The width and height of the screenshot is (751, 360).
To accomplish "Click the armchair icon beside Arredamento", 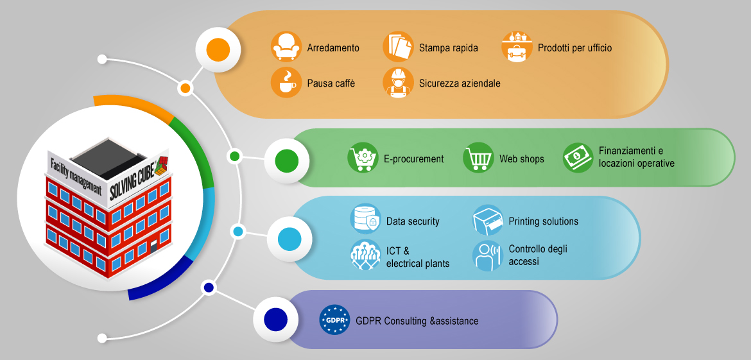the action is click(286, 47).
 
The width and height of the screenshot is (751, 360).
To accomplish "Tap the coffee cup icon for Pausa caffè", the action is click(286, 82).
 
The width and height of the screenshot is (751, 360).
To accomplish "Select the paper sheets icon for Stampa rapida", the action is click(398, 47).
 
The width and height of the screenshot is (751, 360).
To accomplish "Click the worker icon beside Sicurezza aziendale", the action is click(398, 82).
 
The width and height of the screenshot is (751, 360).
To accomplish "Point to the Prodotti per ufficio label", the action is click(574, 48).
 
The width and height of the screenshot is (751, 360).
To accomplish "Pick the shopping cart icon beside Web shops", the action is click(478, 157).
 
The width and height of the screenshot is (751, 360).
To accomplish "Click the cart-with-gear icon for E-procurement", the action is click(363, 157).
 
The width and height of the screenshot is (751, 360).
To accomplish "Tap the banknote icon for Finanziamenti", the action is click(578, 157).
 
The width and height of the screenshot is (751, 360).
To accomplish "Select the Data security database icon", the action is click(365, 219).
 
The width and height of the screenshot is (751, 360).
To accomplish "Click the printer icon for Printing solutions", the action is click(488, 219).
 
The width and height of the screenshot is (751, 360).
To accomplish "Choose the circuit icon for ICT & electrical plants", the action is click(365, 255).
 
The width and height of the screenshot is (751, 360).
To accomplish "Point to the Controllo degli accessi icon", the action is click(488, 255).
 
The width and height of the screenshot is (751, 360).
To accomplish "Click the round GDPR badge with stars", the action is click(334, 320).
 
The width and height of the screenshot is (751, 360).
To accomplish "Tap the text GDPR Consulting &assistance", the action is click(417, 321).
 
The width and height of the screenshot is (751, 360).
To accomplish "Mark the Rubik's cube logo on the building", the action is click(162, 166).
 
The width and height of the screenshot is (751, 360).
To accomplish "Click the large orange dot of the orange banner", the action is click(218, 49).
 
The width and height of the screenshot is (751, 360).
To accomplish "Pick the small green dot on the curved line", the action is click(235, 156).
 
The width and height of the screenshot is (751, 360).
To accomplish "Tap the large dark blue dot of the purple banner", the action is click(276, 319).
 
